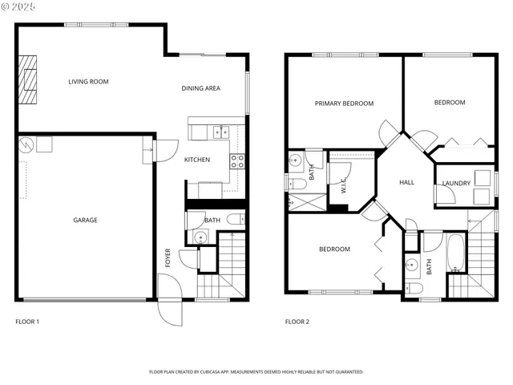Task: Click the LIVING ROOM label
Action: (x=88, y=82)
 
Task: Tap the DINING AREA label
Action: (x=200, y=88)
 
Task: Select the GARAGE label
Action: (x=85, y=220)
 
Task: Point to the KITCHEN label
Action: (x=197, y=160)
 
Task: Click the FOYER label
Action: (x=168, y=257)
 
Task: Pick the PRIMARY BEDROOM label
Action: (x=344, y=103)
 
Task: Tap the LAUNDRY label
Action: (x=456, y=184)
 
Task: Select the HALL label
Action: (x=407, y=183)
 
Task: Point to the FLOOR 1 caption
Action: (x=27, y=322)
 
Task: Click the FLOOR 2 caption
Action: (x=297, y=322)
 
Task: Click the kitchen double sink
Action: (x=220, y=132)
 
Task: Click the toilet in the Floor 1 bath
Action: (x=236, y=219)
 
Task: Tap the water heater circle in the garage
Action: (x=26, y=145)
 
